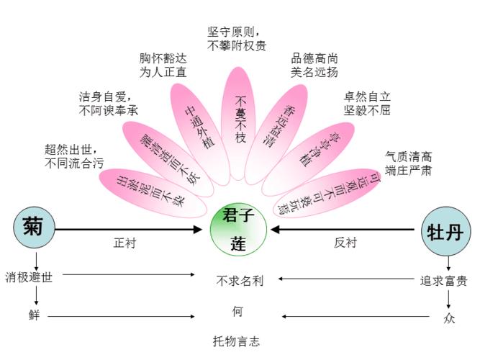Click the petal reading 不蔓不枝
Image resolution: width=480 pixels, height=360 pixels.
click(x=240, y=119)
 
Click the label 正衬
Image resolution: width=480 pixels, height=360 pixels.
click(x=124, y=243)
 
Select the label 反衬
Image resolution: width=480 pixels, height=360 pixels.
click(x=345, y=243)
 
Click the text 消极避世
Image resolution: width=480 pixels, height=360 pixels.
click(x=30, y=277)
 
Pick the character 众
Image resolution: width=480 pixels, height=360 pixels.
click(x=449, y=318)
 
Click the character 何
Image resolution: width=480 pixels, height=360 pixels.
click(x=237, y=312)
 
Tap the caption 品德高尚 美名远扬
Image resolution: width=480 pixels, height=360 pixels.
click(x=314, y=65)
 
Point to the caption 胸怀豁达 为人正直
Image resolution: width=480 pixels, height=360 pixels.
click(x=163, y=65)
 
